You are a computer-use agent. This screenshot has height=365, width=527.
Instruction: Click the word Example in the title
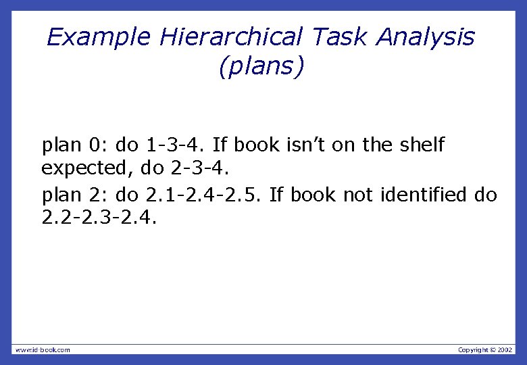[x=99, y=36]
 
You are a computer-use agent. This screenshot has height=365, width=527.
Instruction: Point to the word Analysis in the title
[x=426, y=36]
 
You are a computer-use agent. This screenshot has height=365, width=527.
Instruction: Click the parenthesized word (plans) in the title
[x=262, y=67]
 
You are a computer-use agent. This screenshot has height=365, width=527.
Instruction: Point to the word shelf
[x=420, y=145]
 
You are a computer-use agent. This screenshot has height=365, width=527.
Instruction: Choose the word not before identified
[x=358, y=195]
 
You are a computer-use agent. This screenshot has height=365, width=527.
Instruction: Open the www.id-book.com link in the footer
[x=43, y=349]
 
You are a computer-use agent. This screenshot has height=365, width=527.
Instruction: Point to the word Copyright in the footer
[x=473, y=349]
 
